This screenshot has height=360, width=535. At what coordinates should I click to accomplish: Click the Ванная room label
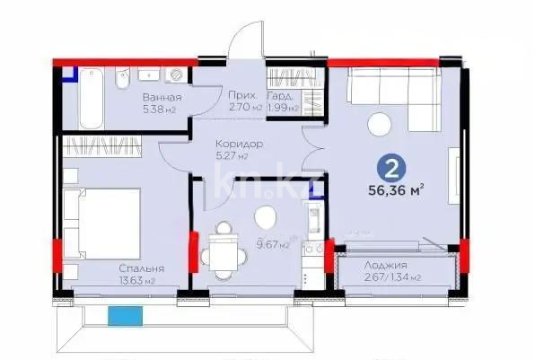coord(162,97)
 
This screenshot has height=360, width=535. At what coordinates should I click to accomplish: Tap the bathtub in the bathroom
coord(92,102)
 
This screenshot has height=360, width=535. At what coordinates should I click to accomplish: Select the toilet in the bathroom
coord(122,82)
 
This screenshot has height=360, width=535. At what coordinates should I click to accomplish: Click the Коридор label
coord(239,143)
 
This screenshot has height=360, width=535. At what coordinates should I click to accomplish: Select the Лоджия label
coord(387,266)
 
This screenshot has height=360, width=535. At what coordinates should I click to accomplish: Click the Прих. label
coord(244,95)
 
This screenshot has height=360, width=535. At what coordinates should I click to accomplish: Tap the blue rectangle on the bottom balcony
coord(126,315)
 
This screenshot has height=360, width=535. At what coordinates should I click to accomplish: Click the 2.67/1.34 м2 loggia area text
coord(387,279)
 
